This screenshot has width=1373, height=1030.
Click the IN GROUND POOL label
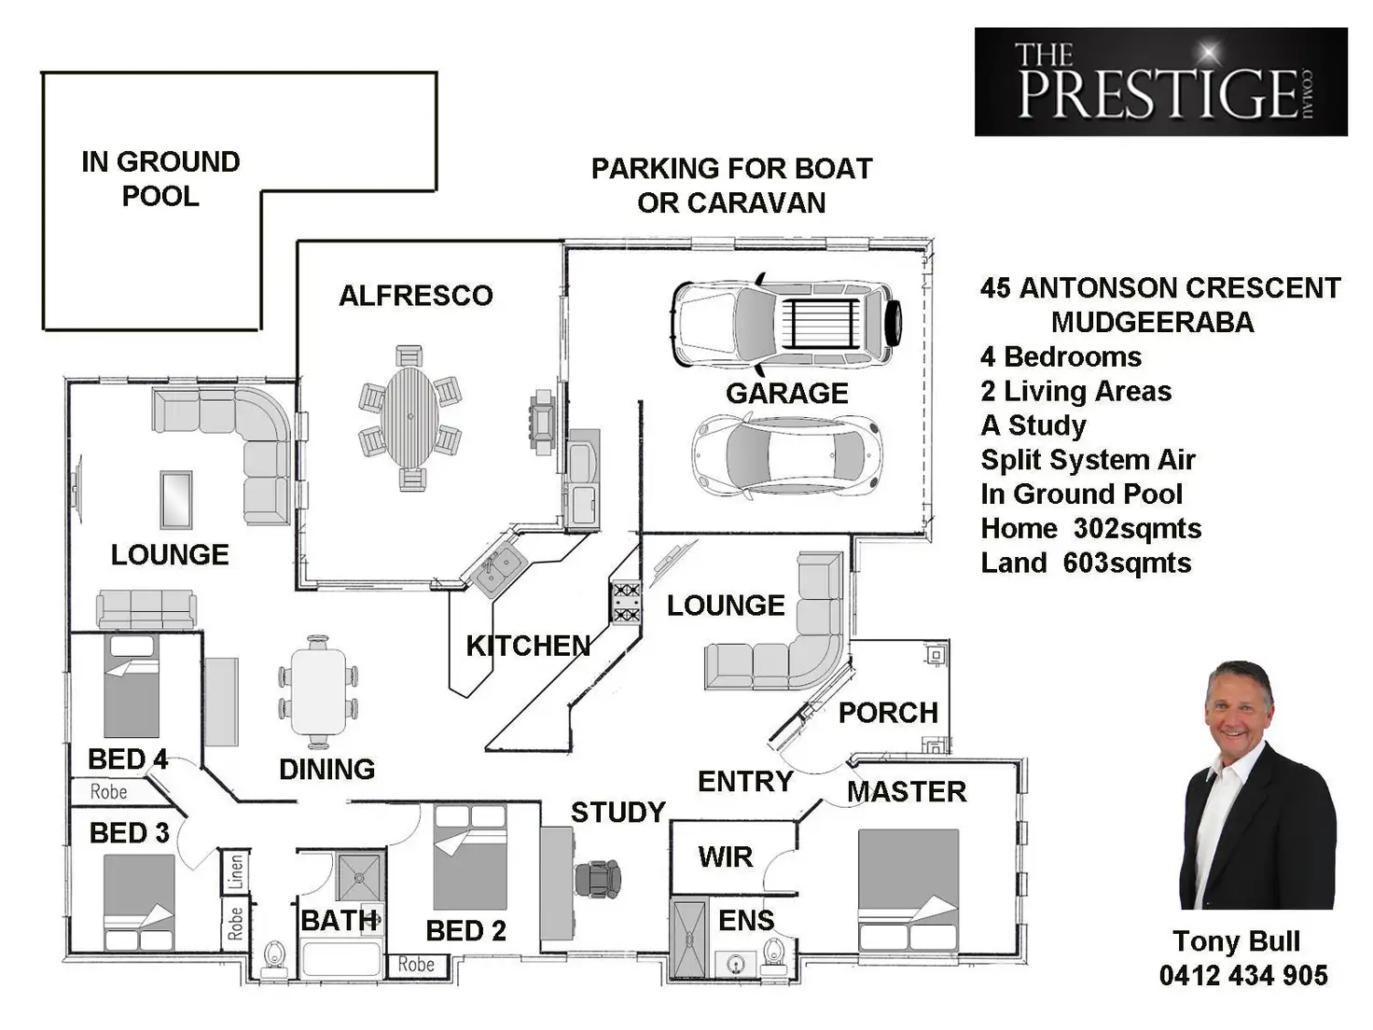coord(160,178)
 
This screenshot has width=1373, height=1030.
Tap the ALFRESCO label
coord(415,296)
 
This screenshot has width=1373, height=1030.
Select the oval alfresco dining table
coord(409,417)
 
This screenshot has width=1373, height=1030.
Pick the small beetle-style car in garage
coord(786,455)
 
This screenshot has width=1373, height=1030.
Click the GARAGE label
coord(786,393)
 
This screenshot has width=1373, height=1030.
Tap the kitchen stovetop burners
coord(625,602)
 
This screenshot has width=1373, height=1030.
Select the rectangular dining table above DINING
coord(317,691)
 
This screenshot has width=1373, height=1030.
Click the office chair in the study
coord(598,878)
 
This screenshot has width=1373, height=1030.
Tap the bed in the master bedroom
coord(908,888)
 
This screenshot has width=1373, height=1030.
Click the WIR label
coord(725,856)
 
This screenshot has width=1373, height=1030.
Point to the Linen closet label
coord(235,871)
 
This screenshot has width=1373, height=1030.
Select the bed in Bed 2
coord(470,856)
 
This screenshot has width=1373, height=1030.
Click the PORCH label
coord(887,713)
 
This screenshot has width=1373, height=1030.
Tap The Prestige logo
coord(1160,82)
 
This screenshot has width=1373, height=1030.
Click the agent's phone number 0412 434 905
coord(1242,976)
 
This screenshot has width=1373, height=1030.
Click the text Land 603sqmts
coord(1086,563)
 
